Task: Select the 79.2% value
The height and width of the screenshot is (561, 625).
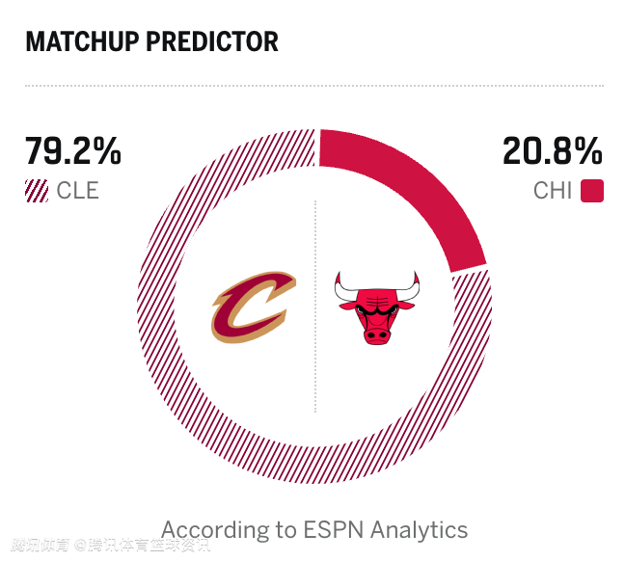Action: [73, 151]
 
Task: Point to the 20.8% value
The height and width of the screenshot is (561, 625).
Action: [553, 151]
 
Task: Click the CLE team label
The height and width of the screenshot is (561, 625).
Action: [77, 190]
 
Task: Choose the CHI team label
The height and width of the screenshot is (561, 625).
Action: [553, 190]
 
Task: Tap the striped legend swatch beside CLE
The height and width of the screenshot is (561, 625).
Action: [37, 190]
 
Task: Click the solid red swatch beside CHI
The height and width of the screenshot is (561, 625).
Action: [592, 190]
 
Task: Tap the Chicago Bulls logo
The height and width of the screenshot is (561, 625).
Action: [376, 307]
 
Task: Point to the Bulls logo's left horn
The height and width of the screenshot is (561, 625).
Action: [341, 285]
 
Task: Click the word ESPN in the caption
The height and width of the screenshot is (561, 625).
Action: [329, 529]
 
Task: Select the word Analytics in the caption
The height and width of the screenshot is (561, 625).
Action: [419, 529]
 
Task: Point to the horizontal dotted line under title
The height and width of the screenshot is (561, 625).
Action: [314, 86]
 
